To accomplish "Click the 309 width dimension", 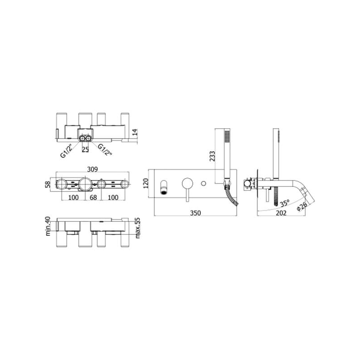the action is [x=92, y=169].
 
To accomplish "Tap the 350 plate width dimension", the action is [x=195, y=213].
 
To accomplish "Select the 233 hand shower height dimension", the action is [x=212, y=156].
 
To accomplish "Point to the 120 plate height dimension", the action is [x=146, y=183].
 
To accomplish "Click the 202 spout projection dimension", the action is [x=281, y=213].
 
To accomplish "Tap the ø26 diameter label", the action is [x=301, y=206].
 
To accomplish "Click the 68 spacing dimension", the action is [x=93, y=198].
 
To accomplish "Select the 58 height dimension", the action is [x=48, y=184].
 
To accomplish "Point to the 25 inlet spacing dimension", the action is [x=85, y=149].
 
